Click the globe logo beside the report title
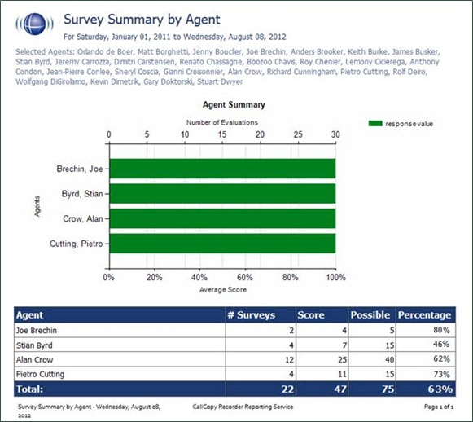33,24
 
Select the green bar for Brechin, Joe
221,169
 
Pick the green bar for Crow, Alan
221,218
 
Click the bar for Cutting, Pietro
221,244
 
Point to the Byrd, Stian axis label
83,194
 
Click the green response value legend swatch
376,123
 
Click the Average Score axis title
222,289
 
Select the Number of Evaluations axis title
222,122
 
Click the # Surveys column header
252,314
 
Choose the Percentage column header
423,314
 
